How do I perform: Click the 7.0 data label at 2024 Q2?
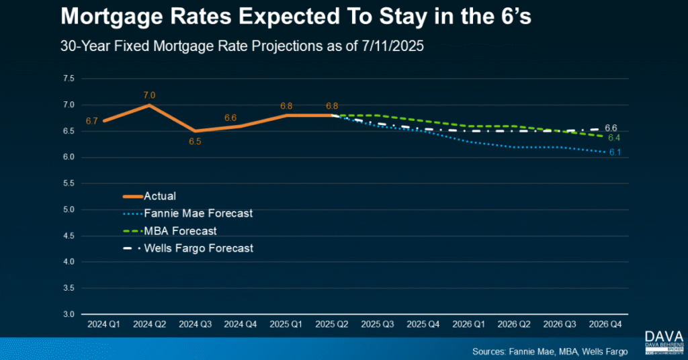149,95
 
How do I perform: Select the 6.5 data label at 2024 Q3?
195,142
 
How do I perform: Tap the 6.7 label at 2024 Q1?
92,121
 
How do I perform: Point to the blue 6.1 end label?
614,152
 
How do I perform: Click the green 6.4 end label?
614,138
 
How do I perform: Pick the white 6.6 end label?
611,128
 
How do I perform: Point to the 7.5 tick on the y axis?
69,79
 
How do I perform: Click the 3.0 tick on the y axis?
69,314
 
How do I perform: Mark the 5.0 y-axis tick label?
69,210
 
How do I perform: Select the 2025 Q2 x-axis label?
332,324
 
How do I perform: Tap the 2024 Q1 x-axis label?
103,324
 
